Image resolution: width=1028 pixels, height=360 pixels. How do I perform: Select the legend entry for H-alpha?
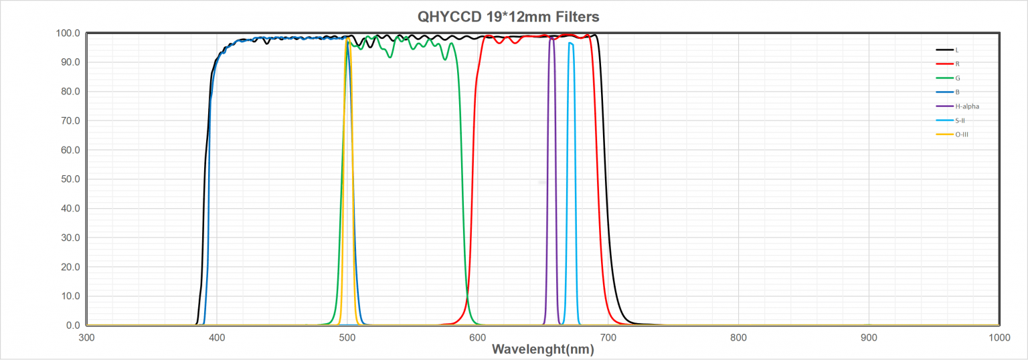click(967, 106)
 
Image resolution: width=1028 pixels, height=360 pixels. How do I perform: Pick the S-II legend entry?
click(960, 120)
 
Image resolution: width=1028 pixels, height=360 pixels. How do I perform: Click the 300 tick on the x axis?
click(86, 337)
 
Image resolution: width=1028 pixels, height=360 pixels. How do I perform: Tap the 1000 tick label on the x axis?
click(999, 337)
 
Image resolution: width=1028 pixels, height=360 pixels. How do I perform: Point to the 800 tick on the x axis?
click(738, 337)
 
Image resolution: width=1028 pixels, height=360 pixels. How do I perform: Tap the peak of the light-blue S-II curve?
click(570, 43)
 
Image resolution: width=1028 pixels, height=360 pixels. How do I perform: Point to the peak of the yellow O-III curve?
click(347, 40)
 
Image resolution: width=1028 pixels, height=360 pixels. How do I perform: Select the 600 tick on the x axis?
click(477, 337)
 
